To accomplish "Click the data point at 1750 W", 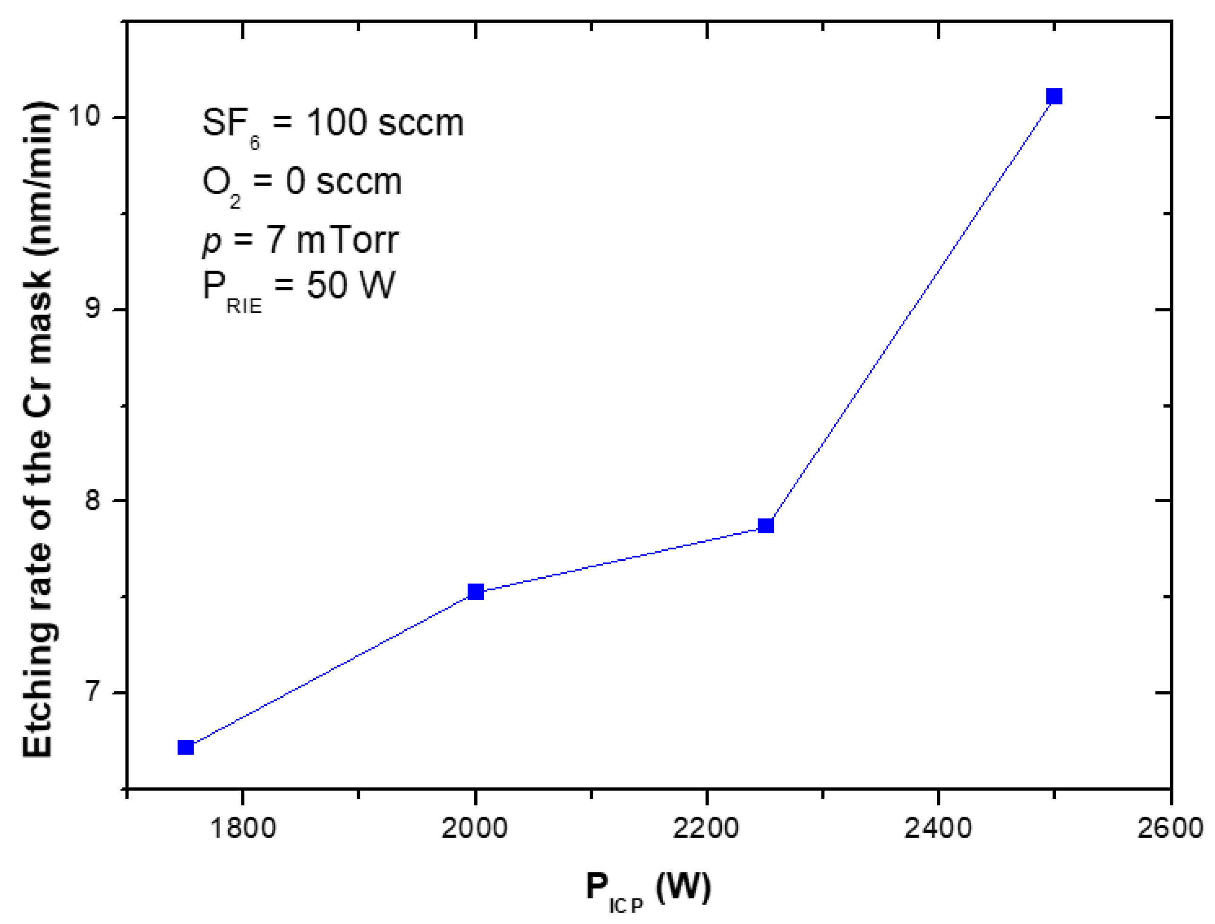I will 186,747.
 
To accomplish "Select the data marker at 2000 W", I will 475,592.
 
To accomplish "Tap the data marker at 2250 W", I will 766,526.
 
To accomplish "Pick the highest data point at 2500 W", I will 1054,97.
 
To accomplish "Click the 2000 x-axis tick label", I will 475,828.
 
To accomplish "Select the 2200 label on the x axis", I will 706,828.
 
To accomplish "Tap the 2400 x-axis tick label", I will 938,828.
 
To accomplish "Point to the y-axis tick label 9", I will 93,309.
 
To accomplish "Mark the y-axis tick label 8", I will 93,501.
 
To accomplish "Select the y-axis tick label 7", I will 93,693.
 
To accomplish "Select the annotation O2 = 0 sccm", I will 302,183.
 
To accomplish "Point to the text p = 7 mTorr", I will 300,240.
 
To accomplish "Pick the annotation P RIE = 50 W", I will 299,288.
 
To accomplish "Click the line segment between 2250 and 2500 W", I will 910,311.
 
